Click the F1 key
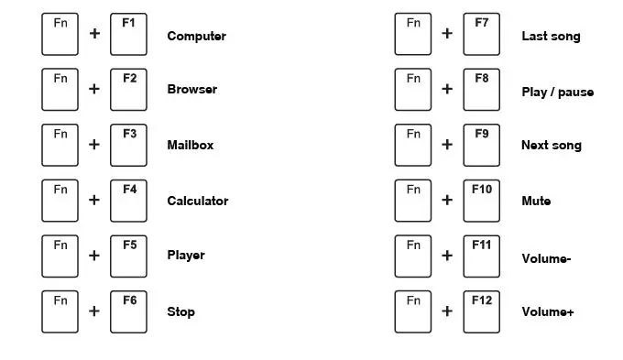click(128, 34)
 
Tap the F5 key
click(128, 256)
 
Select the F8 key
click(482, 89)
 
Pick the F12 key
click(482, 311)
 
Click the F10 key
click(482, 201)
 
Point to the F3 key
click(128, 145)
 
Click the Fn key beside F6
click(60, 311)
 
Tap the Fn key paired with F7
click(414, 34)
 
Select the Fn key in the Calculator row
click(60, 201)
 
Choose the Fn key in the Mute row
click(414, 201)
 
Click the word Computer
click(196, 37)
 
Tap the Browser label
click(192, 90)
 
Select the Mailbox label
click(191, 145)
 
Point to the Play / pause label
click(557, 93)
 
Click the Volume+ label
click(548, 312)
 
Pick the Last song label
click(551, 37)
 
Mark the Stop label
click(180, 312)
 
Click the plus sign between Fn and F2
click(94, 90)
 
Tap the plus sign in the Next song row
click(447, 145)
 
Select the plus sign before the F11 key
click(447, 256)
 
